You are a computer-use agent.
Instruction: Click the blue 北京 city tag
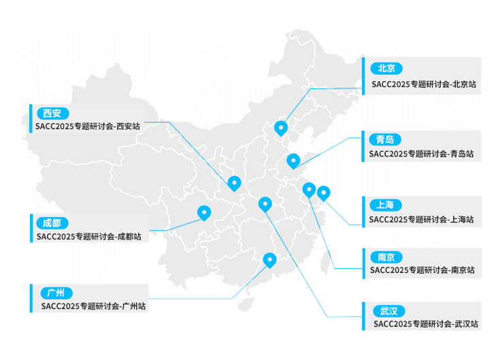(386, 68)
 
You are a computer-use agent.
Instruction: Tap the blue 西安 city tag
(52, 113)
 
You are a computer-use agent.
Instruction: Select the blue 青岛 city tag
(385, 140)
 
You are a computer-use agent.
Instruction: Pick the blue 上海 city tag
(385, 205)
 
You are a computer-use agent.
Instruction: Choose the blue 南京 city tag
(386, 257)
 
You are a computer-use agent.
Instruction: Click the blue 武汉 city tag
(388, 311)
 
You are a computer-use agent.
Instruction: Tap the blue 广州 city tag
(56, 293)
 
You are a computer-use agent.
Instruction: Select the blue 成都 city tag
(51, 223)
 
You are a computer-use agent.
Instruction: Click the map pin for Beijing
(280, 127)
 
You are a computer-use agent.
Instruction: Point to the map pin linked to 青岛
(293, 161)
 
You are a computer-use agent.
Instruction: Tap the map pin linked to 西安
(235, 182)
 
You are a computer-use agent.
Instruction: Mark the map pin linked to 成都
(203, 213)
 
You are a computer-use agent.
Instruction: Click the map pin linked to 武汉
(265, 203)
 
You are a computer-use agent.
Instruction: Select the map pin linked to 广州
(270, 260)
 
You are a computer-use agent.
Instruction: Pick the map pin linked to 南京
(309, 190)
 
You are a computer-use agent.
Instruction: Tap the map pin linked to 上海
(325, 193)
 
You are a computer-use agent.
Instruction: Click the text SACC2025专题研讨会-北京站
(423, 85)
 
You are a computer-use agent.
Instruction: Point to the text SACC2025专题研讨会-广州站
(93, 307)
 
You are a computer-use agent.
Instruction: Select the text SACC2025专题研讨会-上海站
(421, 220)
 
